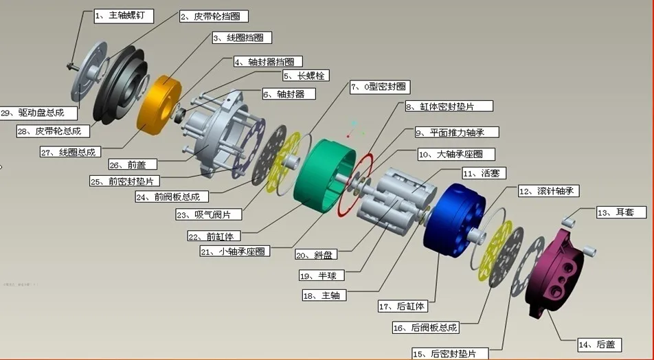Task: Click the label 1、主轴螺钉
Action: (124, 14)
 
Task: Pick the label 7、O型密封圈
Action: (380, 87)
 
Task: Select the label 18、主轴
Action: (324, 295)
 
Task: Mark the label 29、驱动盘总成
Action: (32, 112)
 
